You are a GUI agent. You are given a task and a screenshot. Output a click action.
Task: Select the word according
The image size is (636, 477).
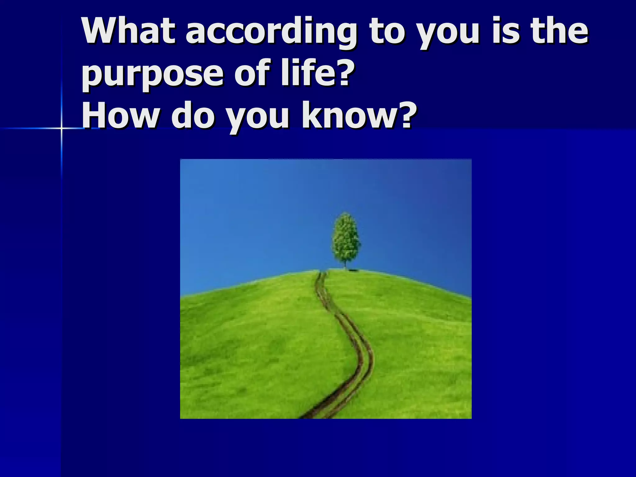270,33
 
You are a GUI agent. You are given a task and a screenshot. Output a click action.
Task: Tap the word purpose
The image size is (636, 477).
152,75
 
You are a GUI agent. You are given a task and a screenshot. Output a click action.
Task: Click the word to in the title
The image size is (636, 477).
387,33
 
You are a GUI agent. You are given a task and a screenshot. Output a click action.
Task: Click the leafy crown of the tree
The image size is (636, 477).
346,238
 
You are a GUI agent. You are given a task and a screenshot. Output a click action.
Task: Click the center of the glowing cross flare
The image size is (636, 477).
61,128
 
